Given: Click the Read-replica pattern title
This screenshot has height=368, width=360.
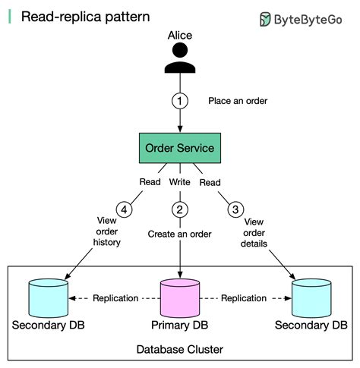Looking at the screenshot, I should point(74,16).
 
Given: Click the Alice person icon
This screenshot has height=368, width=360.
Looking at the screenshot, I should point(180,58).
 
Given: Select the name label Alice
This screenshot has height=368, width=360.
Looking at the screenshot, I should point(180,36).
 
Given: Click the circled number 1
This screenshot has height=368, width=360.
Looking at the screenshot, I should point(180,100).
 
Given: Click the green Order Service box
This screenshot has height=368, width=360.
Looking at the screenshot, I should point(180,147).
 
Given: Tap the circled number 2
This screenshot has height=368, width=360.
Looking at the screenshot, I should point(180,209).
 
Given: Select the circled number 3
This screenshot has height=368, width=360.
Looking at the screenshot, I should point(237,209).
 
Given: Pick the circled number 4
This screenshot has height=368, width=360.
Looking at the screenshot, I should point(124,209).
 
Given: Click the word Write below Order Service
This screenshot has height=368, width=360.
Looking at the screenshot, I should point(180,182).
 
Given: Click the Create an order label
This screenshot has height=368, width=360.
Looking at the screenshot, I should point(180,234).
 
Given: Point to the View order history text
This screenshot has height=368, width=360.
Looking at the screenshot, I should point(107,231).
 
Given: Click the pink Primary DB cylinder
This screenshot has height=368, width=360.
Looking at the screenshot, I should point(180,297).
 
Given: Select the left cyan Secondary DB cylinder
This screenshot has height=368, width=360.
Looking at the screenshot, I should point(48,297).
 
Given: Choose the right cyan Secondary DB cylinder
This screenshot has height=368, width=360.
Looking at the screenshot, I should point(312,297).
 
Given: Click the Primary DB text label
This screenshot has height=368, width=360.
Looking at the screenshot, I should point(180,326).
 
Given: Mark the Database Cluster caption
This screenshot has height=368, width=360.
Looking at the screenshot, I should point(180,349).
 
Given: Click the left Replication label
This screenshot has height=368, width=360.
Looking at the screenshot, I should point(115,298).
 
